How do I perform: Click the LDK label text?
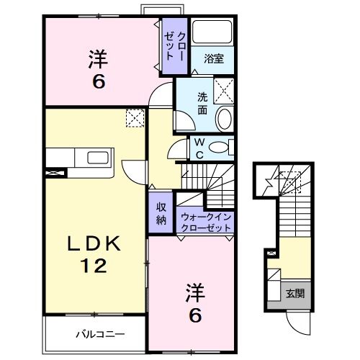(94, 244)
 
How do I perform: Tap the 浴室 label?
(214, 59)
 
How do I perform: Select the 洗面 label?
(202, 104)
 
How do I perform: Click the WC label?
(199, 149)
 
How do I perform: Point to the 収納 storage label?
(161, 213)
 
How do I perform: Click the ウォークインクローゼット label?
(206, 222)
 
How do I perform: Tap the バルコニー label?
(100, 334)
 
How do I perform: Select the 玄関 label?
(295, 293)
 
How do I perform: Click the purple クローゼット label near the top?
(175, 46)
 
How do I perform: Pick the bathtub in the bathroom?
(212, 32)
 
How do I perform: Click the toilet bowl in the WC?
(217, 148)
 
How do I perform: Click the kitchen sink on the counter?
(98, 158)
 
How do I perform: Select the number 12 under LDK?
(94, 266)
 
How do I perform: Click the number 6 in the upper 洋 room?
(99, 82)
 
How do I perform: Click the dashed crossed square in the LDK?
(135, 118)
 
